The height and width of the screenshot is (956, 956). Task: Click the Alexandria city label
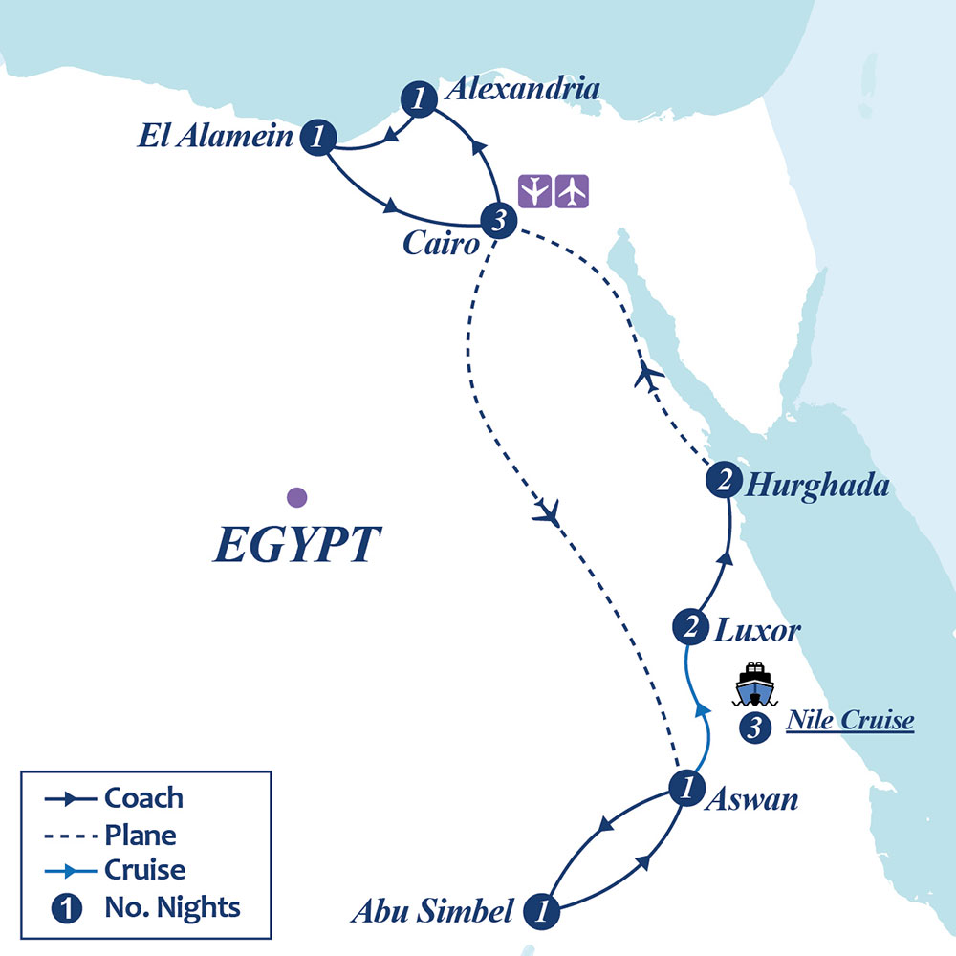523,90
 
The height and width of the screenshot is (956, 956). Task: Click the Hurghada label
816,486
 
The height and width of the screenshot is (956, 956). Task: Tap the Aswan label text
750,799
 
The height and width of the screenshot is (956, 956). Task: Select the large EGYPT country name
295,546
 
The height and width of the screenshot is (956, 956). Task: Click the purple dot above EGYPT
296,496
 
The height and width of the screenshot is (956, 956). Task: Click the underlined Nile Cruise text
849,721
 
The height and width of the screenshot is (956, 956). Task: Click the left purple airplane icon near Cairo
535,191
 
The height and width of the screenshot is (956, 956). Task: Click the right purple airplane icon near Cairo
572,191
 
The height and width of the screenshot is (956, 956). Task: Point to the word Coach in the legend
143,797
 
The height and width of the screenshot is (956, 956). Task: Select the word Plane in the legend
141,834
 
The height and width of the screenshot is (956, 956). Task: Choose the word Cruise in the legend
144,870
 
